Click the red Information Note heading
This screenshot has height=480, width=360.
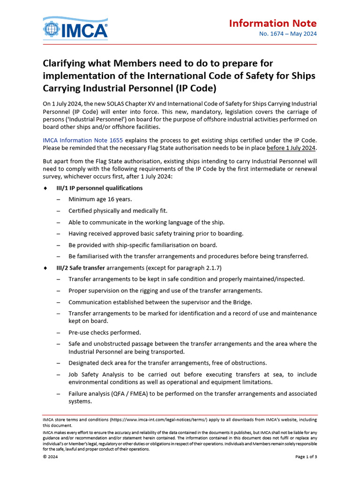tap(273, 23)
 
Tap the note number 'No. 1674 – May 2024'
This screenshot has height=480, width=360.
tap(288, 34)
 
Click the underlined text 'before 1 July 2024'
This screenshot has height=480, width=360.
tap(291, 148)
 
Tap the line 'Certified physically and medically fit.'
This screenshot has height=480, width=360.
tap(118, 211)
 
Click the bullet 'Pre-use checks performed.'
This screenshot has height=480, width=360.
tap(105, 332)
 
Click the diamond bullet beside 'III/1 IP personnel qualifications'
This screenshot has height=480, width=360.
tap(45, 188)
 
